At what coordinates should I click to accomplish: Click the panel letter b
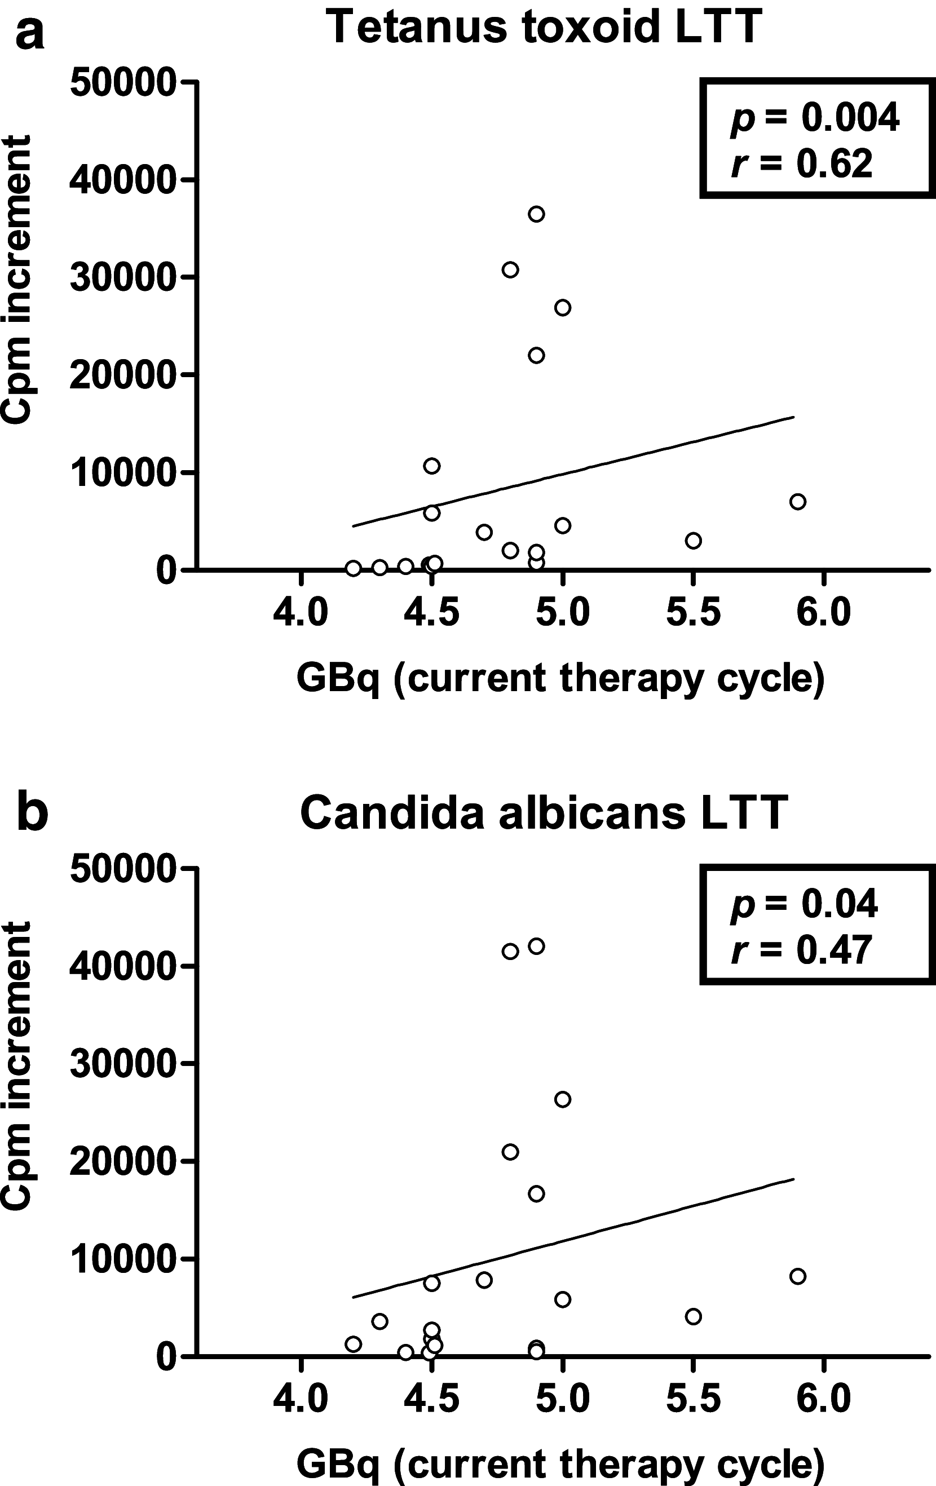tap(32, 813)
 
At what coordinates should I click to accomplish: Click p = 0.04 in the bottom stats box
tap(804, 904)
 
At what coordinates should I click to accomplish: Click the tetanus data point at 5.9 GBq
tap(798, 501)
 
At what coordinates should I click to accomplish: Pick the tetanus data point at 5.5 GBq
tap(694, 541)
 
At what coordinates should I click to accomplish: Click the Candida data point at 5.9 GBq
tap(798, 1276)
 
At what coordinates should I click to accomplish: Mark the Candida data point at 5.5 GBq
tap(694, 1316)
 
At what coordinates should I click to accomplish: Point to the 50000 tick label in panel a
tap(123, 82)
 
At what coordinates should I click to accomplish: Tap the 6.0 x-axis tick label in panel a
tap(823, 613)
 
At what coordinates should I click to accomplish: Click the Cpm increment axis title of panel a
tap(17, 281)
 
